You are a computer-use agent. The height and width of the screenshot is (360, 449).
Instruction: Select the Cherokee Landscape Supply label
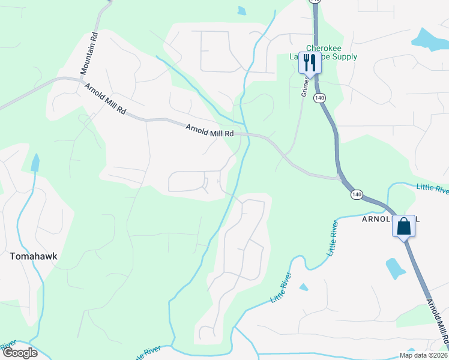(331, 52)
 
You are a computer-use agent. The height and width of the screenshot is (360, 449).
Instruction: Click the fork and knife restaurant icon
(310, 61)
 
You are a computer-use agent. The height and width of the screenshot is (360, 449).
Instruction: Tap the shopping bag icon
(404, 226)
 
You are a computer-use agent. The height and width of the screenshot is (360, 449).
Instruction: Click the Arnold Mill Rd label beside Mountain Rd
(105, 100)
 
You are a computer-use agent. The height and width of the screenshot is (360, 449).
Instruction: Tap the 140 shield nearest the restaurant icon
(319, 97)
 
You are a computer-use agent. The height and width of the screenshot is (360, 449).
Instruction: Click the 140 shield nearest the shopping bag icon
(357, 194)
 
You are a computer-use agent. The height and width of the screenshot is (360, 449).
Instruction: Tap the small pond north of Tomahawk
(35, 162)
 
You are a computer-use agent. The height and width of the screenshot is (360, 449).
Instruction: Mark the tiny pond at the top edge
(241, 10)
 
